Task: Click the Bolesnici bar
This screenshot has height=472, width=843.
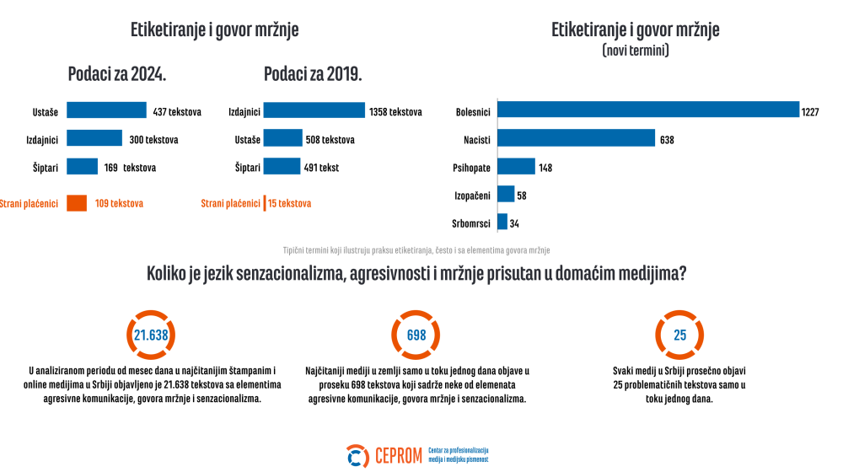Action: [648, 110]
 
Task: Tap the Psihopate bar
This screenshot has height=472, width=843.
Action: [516, 167]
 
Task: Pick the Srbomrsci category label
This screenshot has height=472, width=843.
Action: [472, 223]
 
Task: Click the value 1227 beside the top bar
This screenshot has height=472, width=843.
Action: [815, 111]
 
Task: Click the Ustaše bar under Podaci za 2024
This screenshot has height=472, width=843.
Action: [106, 110]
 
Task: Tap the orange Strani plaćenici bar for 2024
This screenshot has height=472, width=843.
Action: [77, 203]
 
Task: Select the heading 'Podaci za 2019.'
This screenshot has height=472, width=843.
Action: [313, 74]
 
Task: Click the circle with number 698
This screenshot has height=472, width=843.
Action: [416, 335]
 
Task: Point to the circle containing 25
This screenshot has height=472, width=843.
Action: [679, 335]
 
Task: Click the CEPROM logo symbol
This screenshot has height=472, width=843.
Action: [358, 456]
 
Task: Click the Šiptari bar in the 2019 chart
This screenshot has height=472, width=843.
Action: [282, 167]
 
